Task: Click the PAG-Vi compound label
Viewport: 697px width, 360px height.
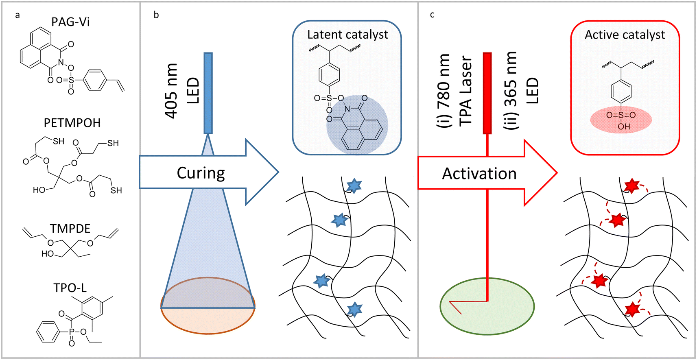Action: point(70,22)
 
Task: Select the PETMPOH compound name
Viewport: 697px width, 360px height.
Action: point(72,123)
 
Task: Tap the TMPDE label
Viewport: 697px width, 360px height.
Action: point(70,229)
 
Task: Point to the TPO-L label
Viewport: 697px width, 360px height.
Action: point(70,288)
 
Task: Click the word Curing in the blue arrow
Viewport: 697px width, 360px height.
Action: point(201,173)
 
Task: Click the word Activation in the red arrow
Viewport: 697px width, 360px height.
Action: point(479,174)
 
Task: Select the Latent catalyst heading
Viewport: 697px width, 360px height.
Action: point(347,35)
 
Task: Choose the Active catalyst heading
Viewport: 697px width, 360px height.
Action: point(625,35)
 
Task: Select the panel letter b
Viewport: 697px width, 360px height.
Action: point(156,15)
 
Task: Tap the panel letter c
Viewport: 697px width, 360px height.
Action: point(432,15)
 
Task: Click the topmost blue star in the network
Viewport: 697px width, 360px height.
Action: point(354,186)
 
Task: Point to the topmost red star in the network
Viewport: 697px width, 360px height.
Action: point(631,185)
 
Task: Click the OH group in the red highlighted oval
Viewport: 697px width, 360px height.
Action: point(623,127)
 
